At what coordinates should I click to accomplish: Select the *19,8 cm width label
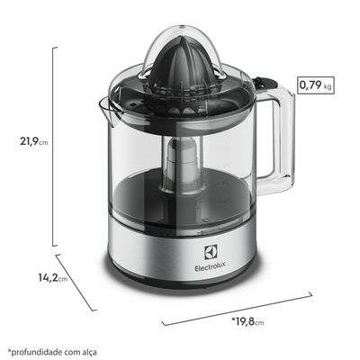[250, 320]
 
